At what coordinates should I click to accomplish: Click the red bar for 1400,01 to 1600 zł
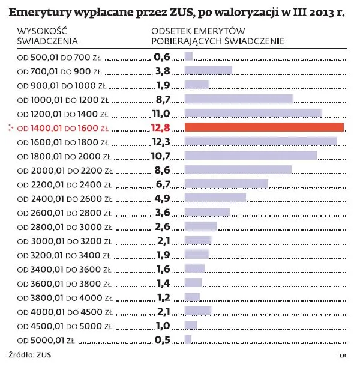click(x=264, y=127)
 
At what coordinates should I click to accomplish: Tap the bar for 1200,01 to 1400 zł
click(x=253, y=114)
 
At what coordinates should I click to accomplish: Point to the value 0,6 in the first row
click(x=163, y=57)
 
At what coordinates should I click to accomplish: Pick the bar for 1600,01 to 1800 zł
click(x=260, y=142)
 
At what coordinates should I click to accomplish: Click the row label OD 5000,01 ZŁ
click(x=46, y=340)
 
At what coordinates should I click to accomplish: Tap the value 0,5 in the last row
click(x=163, y=339)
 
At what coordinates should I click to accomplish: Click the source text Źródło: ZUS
click(x=30, y=355)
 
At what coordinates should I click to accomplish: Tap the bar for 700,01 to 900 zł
click(x=208, y=71)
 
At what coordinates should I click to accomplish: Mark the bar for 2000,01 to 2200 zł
click(x=238, y=170)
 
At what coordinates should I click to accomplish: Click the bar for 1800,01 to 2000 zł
click(x=251, y=156)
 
